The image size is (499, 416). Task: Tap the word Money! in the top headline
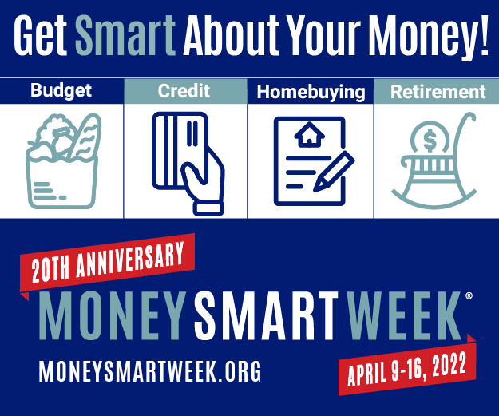[x=431, y=37]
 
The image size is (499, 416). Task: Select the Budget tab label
[x=61, y=90]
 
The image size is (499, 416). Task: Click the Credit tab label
[x=184, y=90]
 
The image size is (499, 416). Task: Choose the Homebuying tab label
[x=310, y=92]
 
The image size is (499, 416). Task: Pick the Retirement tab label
[x=438, y=92]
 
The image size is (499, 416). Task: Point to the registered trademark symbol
[x=468, y=295]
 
